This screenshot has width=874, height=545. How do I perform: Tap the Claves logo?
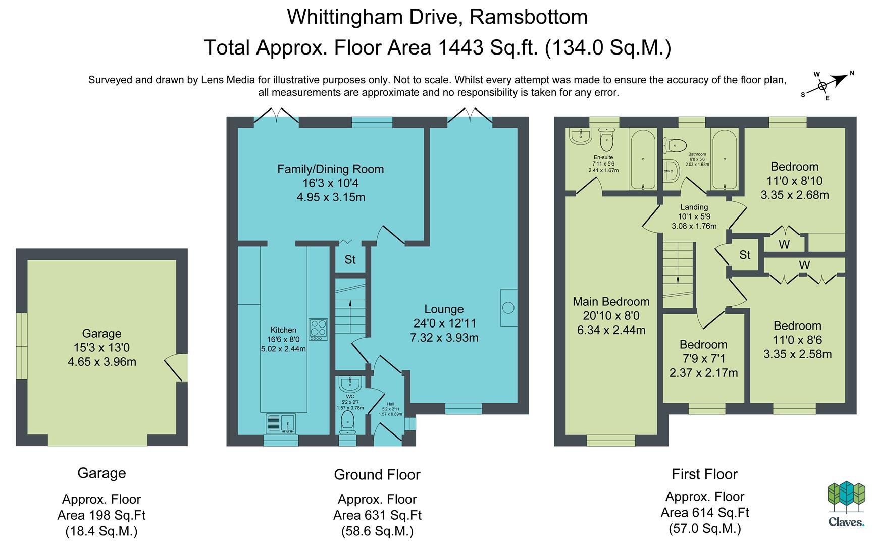(x=846, y=505)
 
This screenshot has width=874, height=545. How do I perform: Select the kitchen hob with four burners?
(x=319, y=330)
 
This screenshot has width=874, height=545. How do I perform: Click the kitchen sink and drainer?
(x=281, y=424)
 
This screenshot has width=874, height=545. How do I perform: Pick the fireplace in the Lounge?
(x=508, y=307)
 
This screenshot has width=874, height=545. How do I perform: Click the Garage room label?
(x=101, y=348)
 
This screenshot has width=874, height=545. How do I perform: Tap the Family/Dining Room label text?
(x=331, y=169)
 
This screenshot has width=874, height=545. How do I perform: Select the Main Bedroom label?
(x=611, y=302)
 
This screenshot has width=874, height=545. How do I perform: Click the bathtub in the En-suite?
(x=643, y=159)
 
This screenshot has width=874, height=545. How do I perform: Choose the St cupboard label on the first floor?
(x=745, y=255)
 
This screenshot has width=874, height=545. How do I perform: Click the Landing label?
(x=694, y=207)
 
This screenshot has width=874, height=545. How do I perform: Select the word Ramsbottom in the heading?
(x=529, y=17)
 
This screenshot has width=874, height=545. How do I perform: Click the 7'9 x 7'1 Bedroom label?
(x=703, y=359)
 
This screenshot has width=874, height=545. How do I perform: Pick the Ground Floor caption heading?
(x=377, y=474)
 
